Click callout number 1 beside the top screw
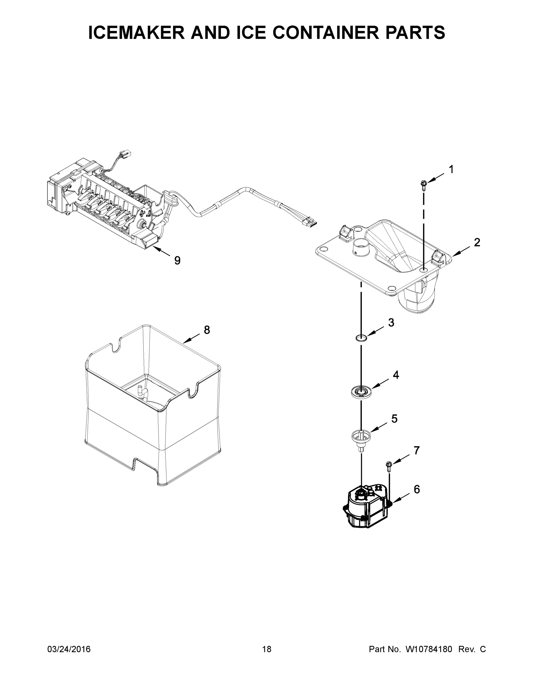click(451, 170)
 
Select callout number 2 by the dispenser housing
click(477, 242)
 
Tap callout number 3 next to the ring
click(391, 323)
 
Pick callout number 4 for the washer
click(396, 375)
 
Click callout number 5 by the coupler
click(395, 419)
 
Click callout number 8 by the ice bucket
click(207, 330)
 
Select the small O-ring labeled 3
click(361, 338)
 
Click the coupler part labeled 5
click(360, 438)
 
